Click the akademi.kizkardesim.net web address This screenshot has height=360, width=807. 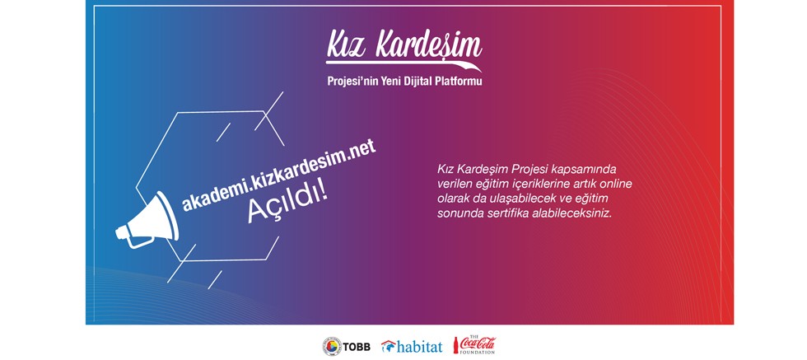click(x=279, y=176)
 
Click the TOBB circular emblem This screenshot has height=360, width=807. click(x=332, y=345)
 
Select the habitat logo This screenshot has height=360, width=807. click(x=411, y=346)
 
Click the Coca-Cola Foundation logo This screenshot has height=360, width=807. click(x=474, y=345)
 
